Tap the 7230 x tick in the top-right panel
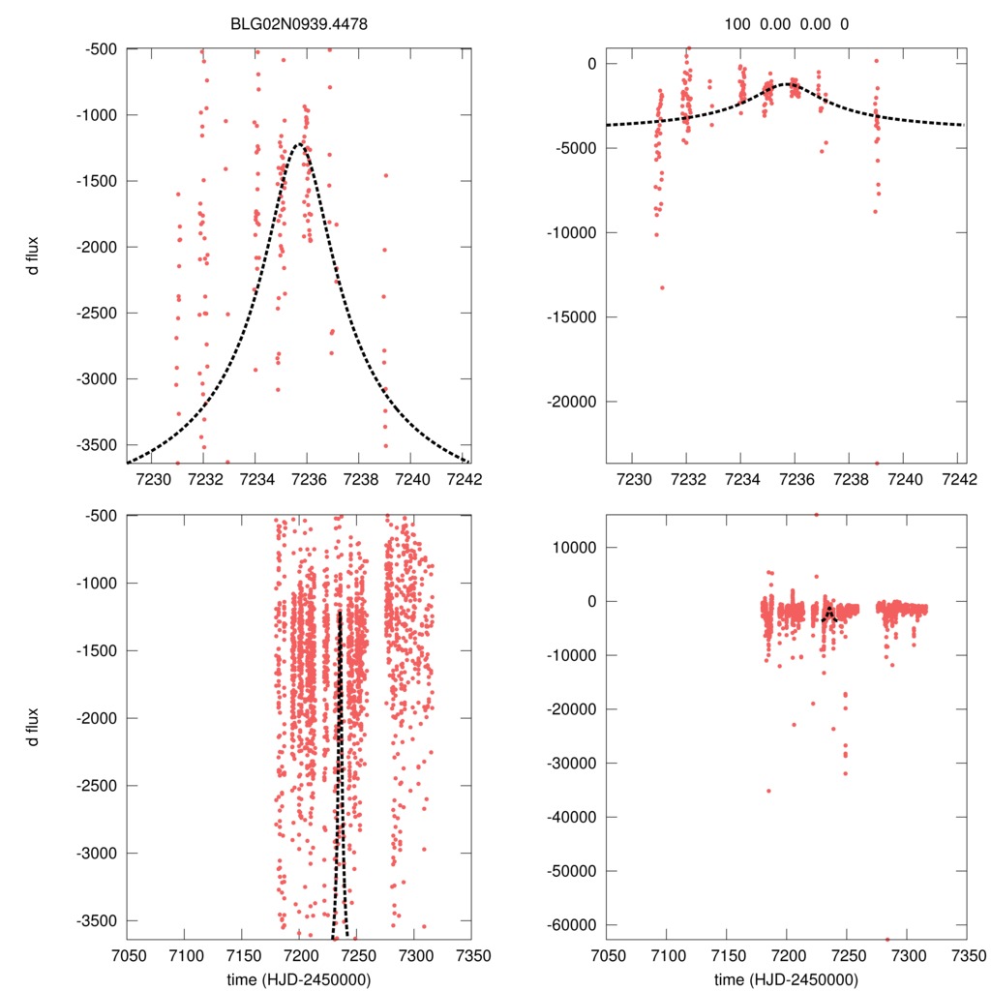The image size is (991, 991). point(632,478)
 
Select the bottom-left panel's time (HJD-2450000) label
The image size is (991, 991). point(300,978)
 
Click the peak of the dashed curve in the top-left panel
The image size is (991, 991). point(300,144)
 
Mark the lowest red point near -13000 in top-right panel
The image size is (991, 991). point(663,287)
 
